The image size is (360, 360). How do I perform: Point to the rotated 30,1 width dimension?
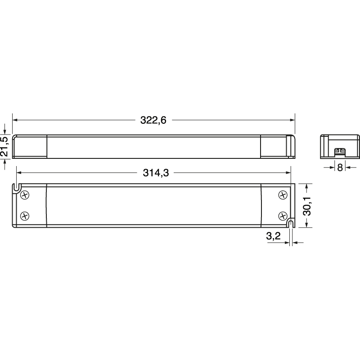(x=307, y=205)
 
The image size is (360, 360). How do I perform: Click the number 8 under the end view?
(x=340, y=167)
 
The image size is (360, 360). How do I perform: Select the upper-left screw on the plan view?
(x=25, y=195)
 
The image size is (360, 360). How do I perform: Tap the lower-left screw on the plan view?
(x=25, y=215)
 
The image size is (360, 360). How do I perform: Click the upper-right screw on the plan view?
(x=283, y=195)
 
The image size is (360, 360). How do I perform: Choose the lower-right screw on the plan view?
(x=283, y=215)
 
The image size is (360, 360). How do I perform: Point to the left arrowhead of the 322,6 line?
(x=15, y=120)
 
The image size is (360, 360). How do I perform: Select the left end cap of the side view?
(x=30, y=146)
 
